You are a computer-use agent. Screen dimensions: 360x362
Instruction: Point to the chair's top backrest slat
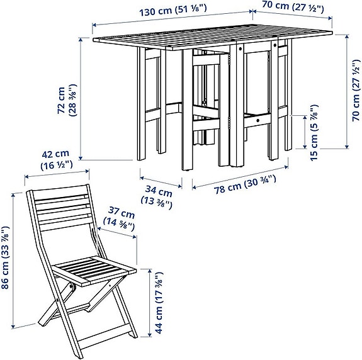click(61, 196)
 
